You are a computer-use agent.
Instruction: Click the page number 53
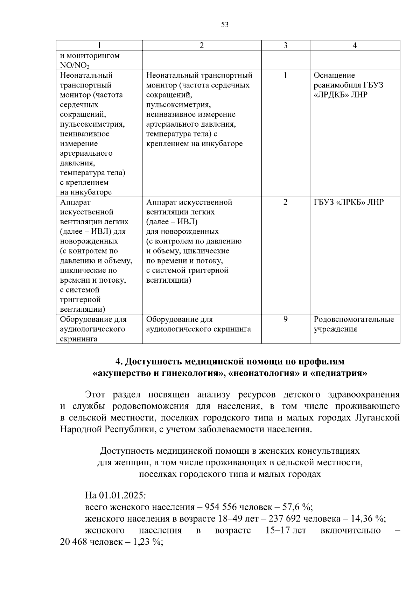225,24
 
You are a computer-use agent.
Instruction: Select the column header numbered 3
285,45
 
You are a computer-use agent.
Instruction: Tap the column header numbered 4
355,45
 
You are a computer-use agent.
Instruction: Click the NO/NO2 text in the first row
75,65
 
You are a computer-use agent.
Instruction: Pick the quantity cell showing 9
285,319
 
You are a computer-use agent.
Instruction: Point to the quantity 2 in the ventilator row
285,202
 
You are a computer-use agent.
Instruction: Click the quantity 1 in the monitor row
285,75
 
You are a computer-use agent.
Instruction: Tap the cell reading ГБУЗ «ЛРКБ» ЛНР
348,202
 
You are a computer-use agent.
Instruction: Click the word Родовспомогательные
353,319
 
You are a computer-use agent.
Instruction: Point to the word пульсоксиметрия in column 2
178,105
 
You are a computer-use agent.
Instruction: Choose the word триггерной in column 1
80,300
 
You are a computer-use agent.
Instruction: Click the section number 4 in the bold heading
118,361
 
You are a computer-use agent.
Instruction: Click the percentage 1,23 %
147,542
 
